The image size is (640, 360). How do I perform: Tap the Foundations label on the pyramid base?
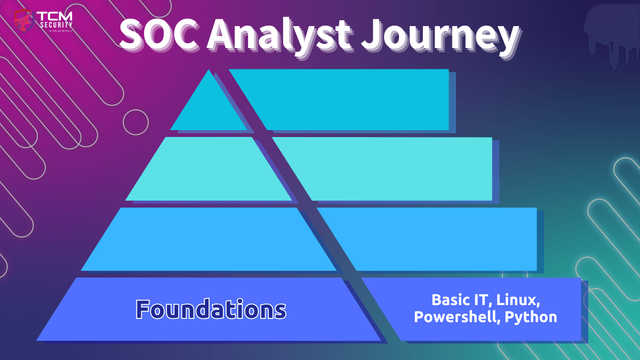coord(211,309)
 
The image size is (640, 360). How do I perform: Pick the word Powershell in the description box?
coord(457,317)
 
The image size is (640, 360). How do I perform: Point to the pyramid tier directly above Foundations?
coord(208,239)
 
